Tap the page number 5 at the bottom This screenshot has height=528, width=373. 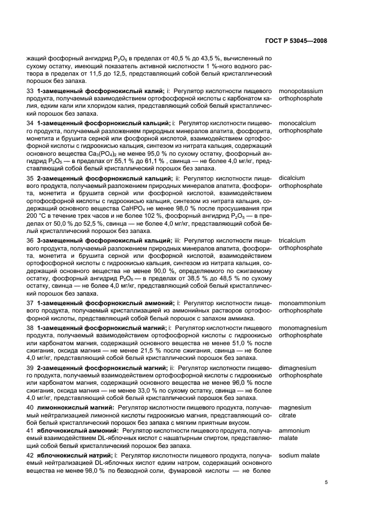[x=326, y=482]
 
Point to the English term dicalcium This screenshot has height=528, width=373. [x=292, y=178]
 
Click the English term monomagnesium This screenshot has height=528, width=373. [x=302, y=327]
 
